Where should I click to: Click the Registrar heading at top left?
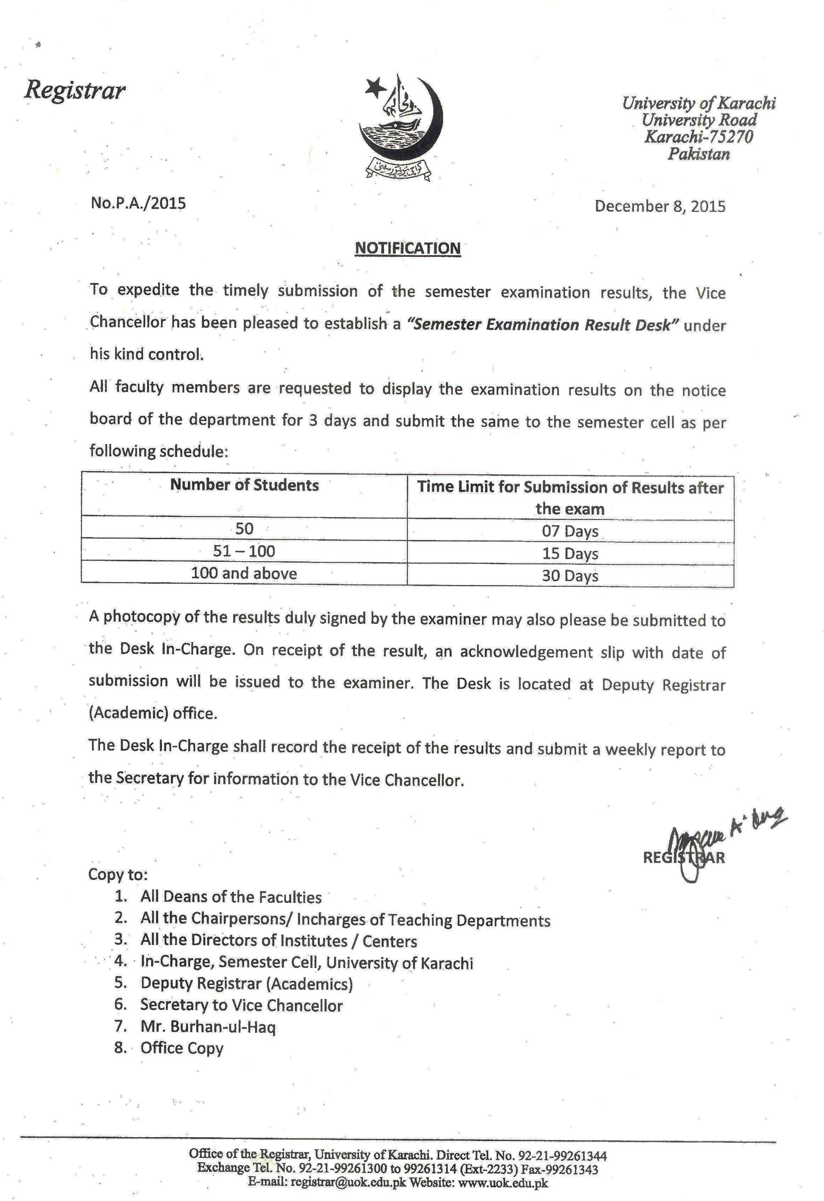click(75, 91)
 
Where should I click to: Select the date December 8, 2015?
click(660, 206)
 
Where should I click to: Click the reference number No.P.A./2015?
click(138, 203)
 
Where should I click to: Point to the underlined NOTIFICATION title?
click(408, 248)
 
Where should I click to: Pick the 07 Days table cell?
click(570, 531)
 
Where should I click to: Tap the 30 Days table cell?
click(570, 576)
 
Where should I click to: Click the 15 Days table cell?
click(570, 553)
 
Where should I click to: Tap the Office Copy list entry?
click(182, 1048)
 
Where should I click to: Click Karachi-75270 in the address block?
click(699, 137)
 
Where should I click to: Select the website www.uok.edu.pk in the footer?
click(503, 1182)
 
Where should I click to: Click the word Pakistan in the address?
click(699, 154)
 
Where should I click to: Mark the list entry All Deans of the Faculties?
click(231, 897)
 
